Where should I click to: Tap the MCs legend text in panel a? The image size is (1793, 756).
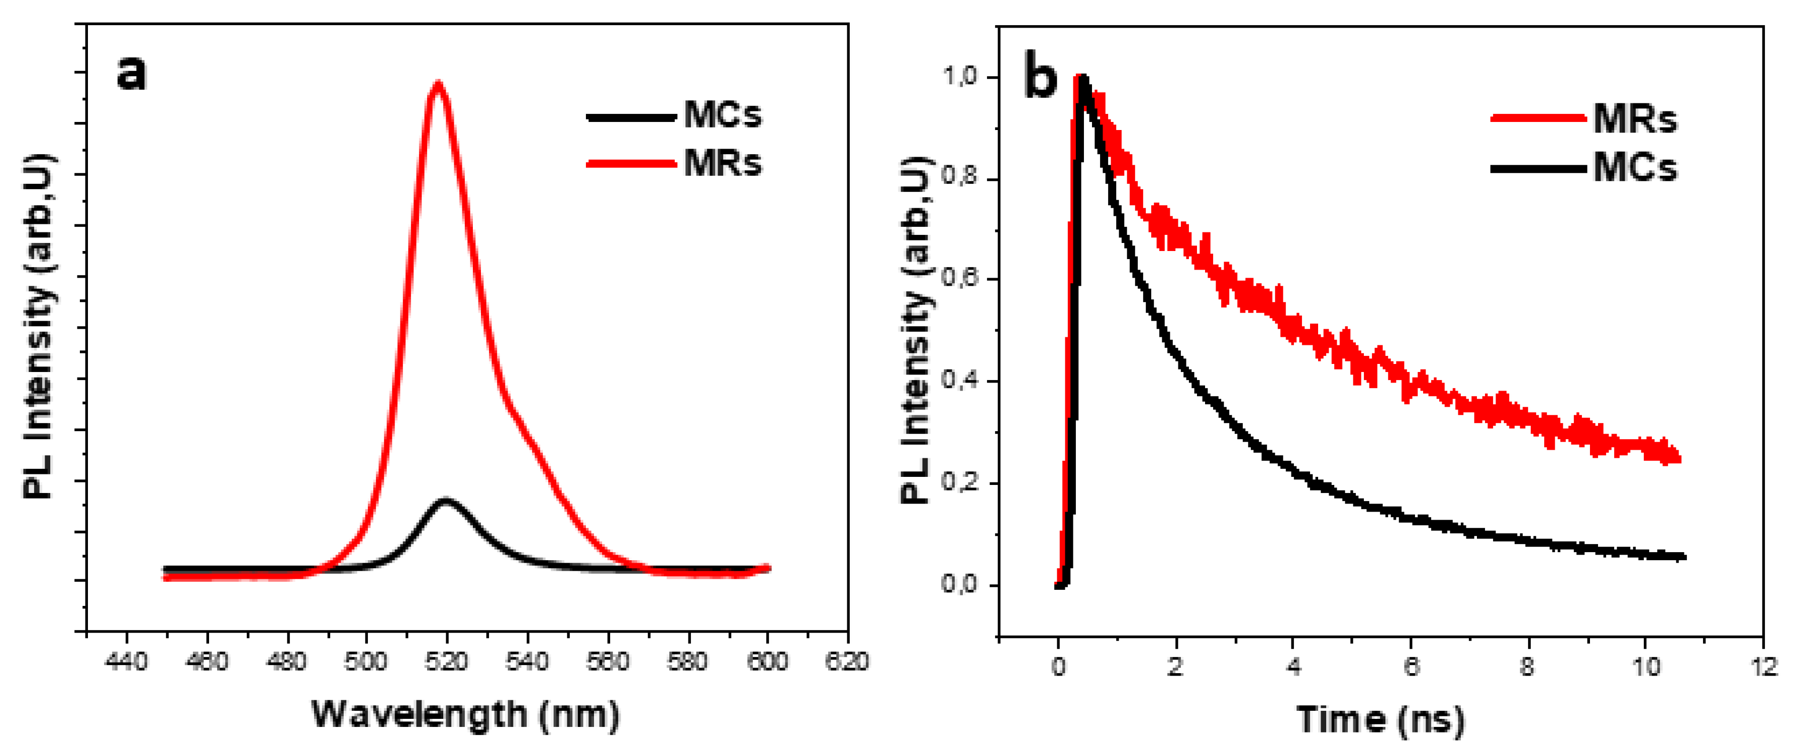click(723, 115)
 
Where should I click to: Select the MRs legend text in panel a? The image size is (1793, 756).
click(723, 164)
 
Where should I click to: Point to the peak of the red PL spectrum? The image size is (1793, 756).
click(438, 84)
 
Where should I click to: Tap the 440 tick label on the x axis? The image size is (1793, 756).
click(126, 661)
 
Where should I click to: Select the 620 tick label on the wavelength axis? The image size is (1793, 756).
click(846, 661)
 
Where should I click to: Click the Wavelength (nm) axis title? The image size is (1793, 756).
click(465, 715)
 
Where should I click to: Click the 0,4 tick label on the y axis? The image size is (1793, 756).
click(960, 381)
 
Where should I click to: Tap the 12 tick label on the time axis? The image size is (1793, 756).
click(1763, 666)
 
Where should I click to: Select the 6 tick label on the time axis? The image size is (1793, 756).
click(1410, 666)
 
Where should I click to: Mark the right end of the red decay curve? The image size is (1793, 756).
click(1678, 457)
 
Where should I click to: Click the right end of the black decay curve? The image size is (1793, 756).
click(1683, 556)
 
